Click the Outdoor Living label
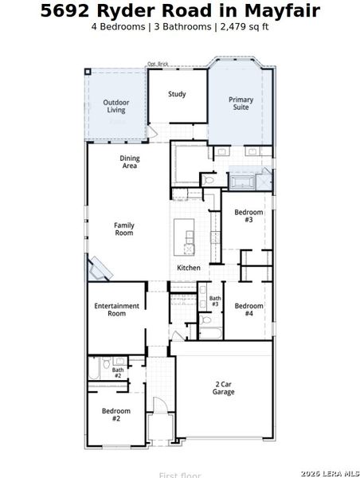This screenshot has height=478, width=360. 116,106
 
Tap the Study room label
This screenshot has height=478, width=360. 177,94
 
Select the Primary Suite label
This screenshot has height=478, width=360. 241,104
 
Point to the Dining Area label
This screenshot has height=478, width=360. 130,163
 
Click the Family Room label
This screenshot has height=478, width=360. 123,229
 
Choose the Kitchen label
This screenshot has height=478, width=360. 189,268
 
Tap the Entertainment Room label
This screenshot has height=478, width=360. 116,310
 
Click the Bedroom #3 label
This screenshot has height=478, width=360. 248,216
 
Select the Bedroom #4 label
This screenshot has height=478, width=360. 248,309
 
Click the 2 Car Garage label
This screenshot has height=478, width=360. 224,388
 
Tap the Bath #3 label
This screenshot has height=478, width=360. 215,301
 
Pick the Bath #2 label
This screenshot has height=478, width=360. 117,372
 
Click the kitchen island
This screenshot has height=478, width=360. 189,237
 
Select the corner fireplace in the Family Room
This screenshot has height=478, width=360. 100,269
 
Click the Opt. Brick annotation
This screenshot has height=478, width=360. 158,65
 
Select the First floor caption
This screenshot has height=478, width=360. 180,475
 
